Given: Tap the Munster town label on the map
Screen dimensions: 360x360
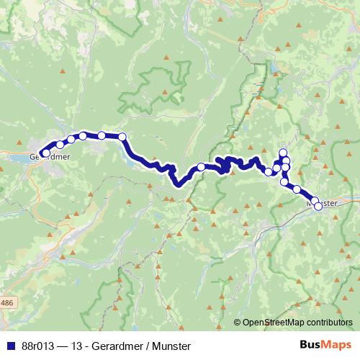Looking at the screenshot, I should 322,204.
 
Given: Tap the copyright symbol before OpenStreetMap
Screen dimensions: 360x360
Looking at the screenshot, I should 237,323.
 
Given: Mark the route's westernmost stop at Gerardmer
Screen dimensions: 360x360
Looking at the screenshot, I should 45,153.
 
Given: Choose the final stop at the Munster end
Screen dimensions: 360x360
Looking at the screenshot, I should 318,206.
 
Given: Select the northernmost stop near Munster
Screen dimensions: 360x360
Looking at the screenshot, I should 284,152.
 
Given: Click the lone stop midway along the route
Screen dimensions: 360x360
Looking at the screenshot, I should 202,167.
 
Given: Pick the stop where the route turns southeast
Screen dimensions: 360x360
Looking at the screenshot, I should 122,137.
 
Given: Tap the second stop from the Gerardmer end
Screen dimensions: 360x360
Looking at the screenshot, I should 60,145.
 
